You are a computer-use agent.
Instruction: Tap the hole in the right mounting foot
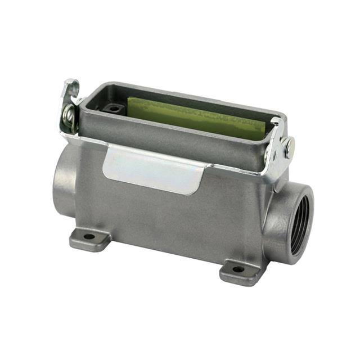(x=238, y=269)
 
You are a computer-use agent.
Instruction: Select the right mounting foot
(x=240, y=273)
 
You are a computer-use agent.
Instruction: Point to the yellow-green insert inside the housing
(x=197, y=115)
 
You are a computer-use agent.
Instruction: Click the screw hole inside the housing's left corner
(x=114, y=108)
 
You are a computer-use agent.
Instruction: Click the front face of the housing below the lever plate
(x=169, y=219)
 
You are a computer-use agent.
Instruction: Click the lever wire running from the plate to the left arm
(x=84, y=138)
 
